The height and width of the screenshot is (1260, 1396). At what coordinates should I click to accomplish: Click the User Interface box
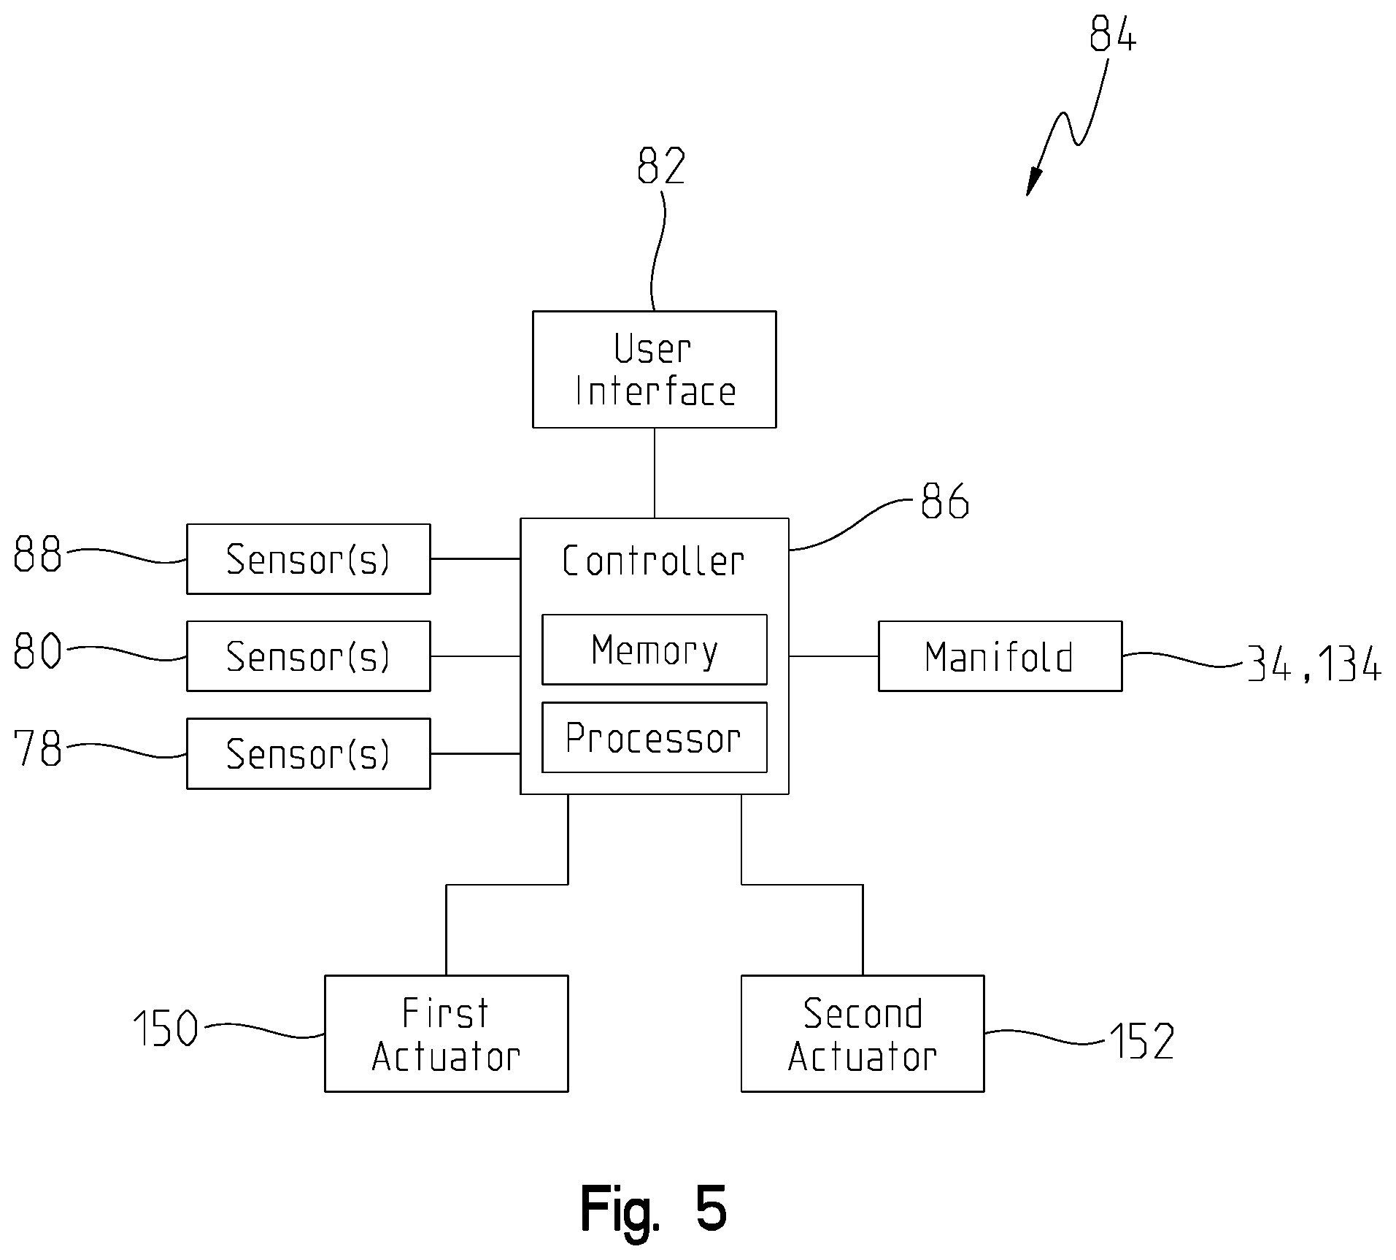tap(654, 369)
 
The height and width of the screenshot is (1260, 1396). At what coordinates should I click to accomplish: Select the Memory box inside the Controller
tap(654, 650)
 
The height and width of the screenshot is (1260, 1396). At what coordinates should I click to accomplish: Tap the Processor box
tap(654, 737)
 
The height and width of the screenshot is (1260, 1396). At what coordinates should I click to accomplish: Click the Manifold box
tap(1000, 656)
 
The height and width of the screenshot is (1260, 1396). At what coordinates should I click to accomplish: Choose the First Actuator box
tap(446, 1034)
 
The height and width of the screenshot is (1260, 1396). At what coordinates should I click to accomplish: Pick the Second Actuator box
tap(863, 1034)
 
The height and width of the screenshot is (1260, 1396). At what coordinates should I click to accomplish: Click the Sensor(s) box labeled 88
tap(308, 559)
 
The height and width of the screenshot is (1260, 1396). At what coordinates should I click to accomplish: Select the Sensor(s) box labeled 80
tap(308, 656)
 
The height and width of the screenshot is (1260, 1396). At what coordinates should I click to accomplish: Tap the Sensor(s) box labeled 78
tap(308, 753)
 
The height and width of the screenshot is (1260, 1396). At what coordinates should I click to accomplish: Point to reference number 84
tap(1113, 34)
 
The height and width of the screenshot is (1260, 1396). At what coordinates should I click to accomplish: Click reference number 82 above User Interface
tap(661, 166)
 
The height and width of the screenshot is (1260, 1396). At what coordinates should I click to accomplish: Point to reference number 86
tap(945, 501)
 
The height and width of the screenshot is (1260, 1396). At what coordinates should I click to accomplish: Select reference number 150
tap(166, 1029)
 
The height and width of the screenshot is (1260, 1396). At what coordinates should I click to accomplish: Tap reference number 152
tap(1142, 1042)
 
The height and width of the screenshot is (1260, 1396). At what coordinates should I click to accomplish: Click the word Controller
tap(653, 561)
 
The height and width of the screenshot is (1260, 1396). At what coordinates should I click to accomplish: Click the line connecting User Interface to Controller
tap(654, 473)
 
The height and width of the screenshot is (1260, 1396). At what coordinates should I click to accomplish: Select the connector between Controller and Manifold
tap(833, 656)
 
